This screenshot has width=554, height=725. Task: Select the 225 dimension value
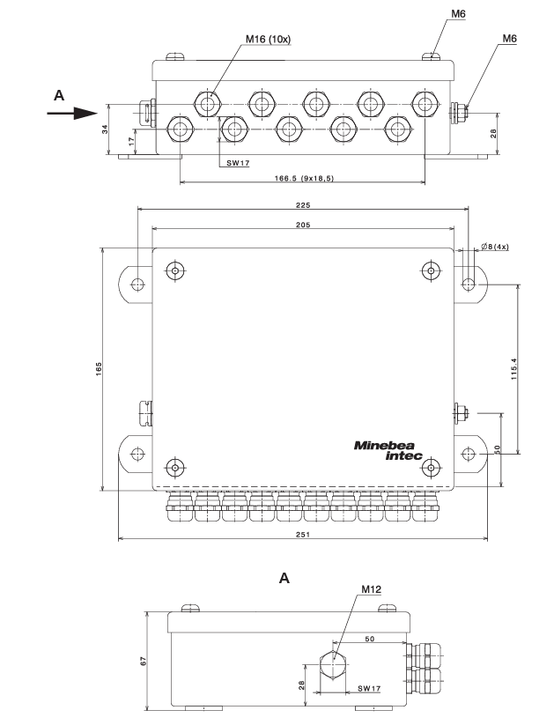pyautogui.click(x=302, y=203)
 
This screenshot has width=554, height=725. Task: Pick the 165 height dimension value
pyautogui.click(x=100, y=365)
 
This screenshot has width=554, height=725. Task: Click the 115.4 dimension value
pyautogui.click(x=513, y=369)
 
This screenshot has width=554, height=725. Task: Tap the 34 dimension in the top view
pyautogui.click(x=105, y=129)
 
